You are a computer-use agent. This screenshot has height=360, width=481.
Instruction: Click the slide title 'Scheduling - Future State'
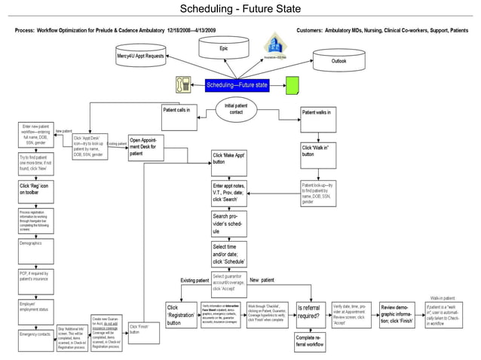pyautogui.click(x=240, y=9)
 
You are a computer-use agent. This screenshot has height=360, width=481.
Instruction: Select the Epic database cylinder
pyautogui.click(x=224, y=48)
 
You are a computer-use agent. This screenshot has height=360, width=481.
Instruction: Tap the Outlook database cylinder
pyautogui.click(x=339, y=61)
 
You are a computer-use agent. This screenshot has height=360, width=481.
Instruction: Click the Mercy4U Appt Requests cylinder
pyautogui.click(x=140, y=56)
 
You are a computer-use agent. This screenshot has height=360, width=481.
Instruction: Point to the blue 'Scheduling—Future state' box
pyautogui.click(x=237, y=85)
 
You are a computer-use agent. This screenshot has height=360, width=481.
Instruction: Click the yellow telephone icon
pyautogui.click(x=182, y=84)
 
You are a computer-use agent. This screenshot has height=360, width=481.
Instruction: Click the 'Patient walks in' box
pyautogui.click(x=317, y=114)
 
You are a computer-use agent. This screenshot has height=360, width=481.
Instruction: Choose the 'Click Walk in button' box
pyautogui.click(x=317, y=151)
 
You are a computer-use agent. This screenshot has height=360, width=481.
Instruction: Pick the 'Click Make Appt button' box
pyautogui.click(x=230, y=158)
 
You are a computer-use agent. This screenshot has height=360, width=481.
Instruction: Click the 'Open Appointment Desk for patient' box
pyautogui.click(x=142, y=146)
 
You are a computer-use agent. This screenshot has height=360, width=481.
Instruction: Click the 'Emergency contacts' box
pyautogui.click(x=35, y=334)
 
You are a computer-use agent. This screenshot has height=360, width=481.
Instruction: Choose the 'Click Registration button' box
pyautogui.click(x=181, y=315)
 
